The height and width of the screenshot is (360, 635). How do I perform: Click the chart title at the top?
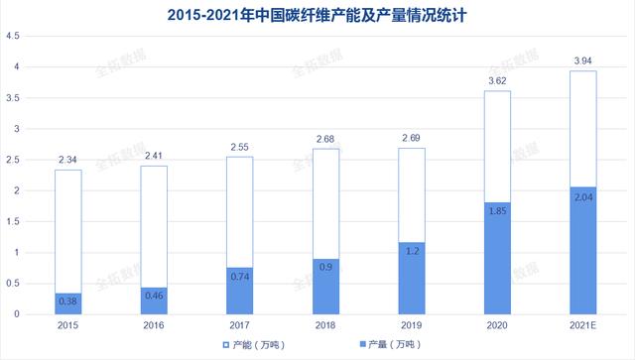pyautogui.click(x=317, y=16)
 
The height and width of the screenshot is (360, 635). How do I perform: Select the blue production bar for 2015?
pyautogui.click(x=68, y=303)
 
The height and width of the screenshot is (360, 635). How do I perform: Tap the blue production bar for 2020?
pyautogui.click(x=497, y=259)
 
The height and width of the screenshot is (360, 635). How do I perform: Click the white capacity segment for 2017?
pyautogui.click(x=240, y=212)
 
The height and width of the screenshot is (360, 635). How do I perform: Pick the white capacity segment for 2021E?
pyautogui.click(x=583, y=129)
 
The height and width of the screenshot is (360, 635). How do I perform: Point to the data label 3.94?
pyautogui.click(x=582, y=60)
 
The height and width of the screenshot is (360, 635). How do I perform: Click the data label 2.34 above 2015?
pyautogui.click(x=67, y=160)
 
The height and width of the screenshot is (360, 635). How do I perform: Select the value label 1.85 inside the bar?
pyautogui.click(x=497, y=211)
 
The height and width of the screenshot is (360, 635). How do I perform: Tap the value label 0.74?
pyautogui.click(x=240, y=277)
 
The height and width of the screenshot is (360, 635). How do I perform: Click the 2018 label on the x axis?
pyautogui.click(x=325, y=325)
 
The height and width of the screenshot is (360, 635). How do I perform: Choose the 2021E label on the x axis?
pyautogui.click(x=582, y=325)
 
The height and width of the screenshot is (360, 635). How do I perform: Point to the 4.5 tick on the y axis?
pyautogui.click(x=13, y=36)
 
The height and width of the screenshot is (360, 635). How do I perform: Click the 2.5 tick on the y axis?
pyautogui.click(x=13, y=160)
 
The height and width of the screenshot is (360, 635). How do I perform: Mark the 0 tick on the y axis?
pyautogui.click(x=17, y=314)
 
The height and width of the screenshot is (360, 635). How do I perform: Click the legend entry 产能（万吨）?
pyautogui.click(x=254, y=345)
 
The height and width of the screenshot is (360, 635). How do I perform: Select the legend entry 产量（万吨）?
pyautogui.click(x=390, y=344)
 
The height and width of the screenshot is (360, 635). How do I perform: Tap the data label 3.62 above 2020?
pyautogui.click(x=497, y=81)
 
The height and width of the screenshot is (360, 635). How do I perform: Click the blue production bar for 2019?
pyautogui.click(x=412, y=279)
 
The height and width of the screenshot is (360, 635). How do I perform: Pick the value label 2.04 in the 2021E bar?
pyautogui.click(x=583, y=197)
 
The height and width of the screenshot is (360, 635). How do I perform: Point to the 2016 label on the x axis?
pyautogui.click(x=154, y=325)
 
